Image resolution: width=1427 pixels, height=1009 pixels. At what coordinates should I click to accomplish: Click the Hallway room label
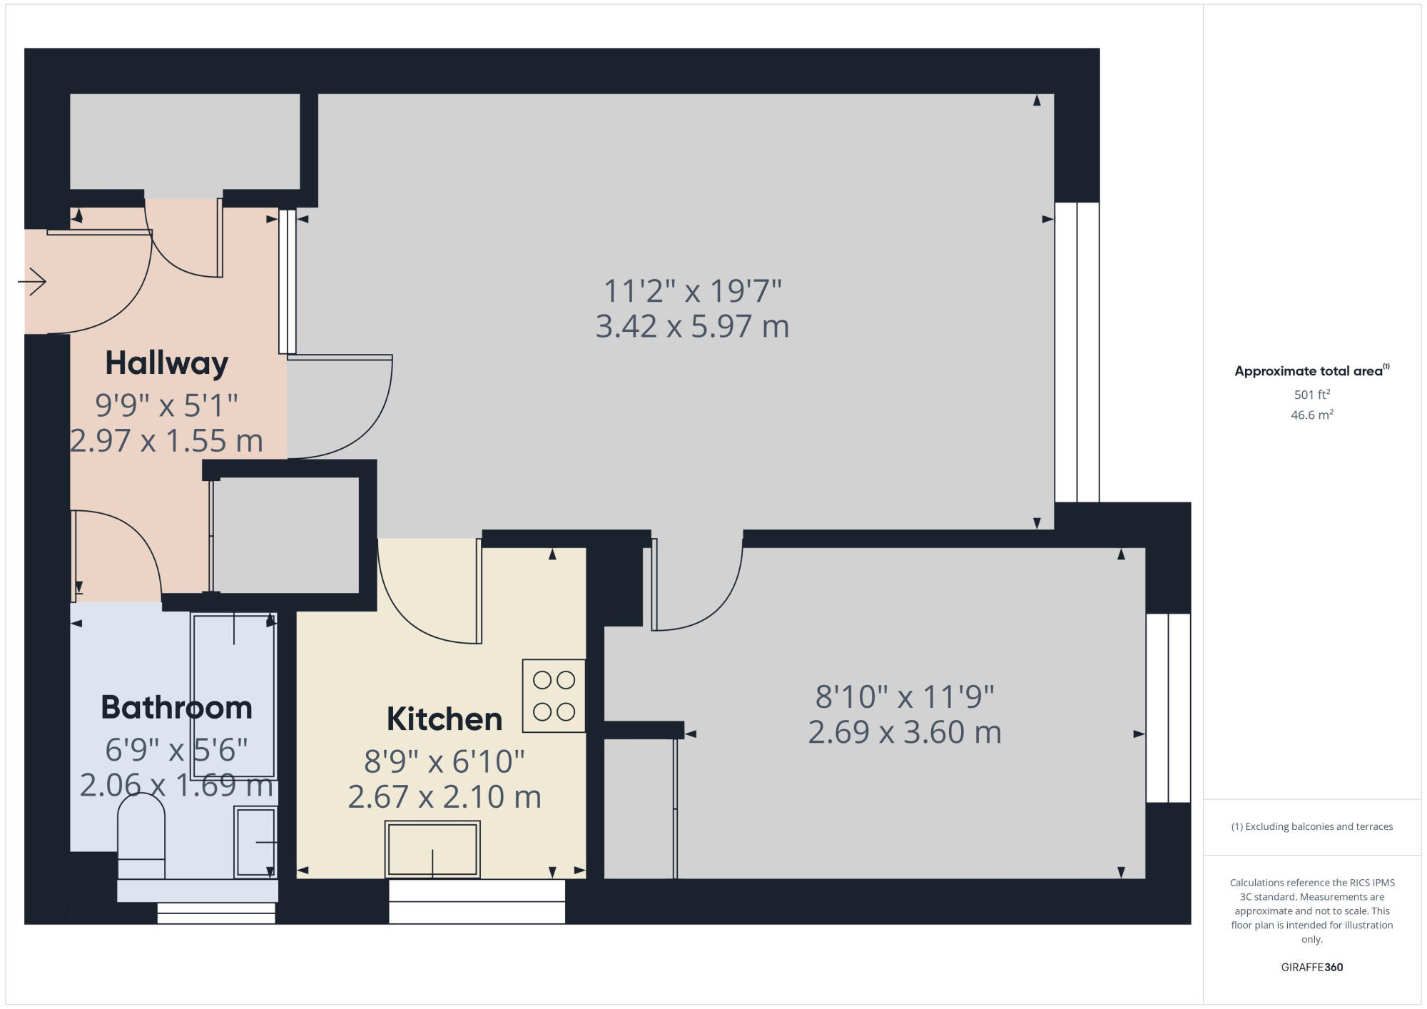(166, 363)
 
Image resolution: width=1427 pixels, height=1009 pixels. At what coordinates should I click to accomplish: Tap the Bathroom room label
(176, 707)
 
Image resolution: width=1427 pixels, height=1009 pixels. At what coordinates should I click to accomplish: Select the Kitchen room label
(444, 719)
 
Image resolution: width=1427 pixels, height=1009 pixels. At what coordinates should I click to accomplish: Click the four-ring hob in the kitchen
(554, 696)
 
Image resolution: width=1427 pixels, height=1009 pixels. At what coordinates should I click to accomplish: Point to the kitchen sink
(432, 848)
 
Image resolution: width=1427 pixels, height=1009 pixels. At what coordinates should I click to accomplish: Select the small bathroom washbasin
(255, 842)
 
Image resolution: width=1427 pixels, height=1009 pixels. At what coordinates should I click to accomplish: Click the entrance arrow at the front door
(33, 282)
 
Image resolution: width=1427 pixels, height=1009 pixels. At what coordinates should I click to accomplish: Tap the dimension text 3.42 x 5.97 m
(692, 327)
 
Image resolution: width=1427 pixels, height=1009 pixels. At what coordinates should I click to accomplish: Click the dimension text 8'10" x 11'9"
(904, 697)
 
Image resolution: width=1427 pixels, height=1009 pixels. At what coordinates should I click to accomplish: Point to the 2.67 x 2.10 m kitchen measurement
(444, 797)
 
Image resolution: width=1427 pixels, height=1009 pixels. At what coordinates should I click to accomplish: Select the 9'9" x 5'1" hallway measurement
(166, 405)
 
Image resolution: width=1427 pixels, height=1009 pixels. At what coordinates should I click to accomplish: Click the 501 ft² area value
(1311, 395)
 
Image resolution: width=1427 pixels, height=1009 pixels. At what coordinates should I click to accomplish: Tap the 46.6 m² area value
(1311, 415)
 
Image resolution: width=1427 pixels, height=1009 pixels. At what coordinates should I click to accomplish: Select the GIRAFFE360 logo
(1311, 968)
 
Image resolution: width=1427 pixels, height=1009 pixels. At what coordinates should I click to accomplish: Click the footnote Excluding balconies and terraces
(1311, 827)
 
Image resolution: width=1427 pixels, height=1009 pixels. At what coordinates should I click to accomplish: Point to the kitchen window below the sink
(477, 901)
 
